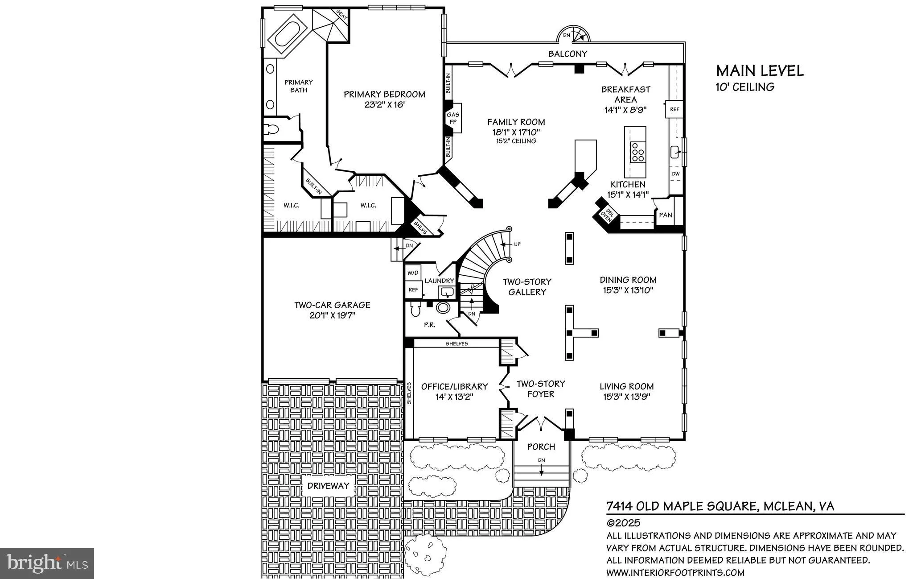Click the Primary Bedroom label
[x=384, y=95]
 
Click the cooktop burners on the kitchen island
[x=637, y=152]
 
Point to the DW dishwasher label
[x=675, y=174]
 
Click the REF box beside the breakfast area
[x=674, y=109]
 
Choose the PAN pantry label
[x=665, y=215]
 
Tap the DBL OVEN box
[x=606, y=215]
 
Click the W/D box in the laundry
[x=413, y=273]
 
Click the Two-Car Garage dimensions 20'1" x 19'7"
[x=332, y=316]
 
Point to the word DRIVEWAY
[x=329, y=486]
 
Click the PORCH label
[x=541, y=447]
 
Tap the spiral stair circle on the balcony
[x=574, y=36]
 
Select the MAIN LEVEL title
[x=760, y=71]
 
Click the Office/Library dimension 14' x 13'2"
[x=454, y=397]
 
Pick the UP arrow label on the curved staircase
[x=517, y=244]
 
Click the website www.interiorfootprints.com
[x=675, y=573]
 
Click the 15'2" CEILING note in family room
[x=516, y=141]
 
